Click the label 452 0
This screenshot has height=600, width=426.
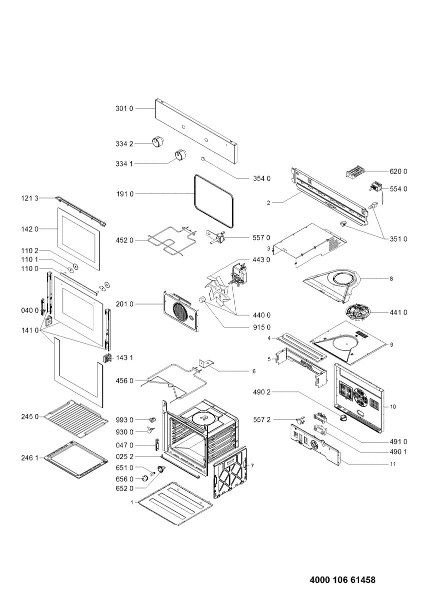[x=125, y=240]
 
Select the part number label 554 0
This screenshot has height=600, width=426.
[x=399, y=189]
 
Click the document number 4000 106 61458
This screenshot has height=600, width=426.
[x=343, y=580]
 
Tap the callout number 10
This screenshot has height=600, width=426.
[x=393, y=407]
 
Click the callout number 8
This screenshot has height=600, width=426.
[x=392, y=278]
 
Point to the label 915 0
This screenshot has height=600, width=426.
[x=261, y=327]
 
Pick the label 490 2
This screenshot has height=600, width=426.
[x=262, y=392]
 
